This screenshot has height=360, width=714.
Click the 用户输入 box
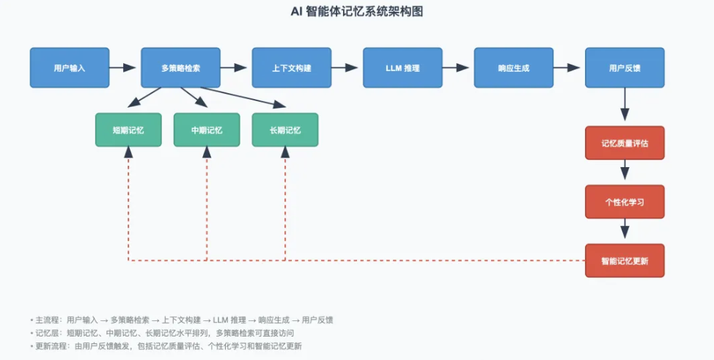pyautogui.click(x=70, y=67)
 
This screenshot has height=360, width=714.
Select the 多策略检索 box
pyautogui.click(x=180, y=67)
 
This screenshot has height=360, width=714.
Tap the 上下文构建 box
pyautogui.click(x=292, y=67)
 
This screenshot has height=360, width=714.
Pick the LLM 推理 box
pyautogui.click(x=402, y=67)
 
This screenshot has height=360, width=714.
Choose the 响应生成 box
pyautogui.click(x=513, y=67)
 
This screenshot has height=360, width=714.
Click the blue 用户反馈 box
pyautogui.click(x=625, y=67)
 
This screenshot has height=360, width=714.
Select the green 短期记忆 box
pyautogui.click(x=128, y=130)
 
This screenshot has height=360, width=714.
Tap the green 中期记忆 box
pyautogui.click(x=207, y=130)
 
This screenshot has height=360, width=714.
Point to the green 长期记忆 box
pyautogui.click(x=285, y=130)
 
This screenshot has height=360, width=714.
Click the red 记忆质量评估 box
pyautogui.click(x=625, y=143)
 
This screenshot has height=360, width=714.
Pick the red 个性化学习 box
pyautogui.click(x=625, y=202)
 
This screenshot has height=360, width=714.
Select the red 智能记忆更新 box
pyautogui.click(x=625, y=260)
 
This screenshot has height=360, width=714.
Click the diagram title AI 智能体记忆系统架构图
pyautogui.click(x=357, y=12)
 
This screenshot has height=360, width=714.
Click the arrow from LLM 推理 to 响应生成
pyautogui.click(x=457, y=67)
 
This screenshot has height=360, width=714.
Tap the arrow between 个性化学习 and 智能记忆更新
pyautogui.click(x=625, y=231)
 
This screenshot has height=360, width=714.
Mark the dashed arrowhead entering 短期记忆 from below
pyautogui.click(x=128, y=153)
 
